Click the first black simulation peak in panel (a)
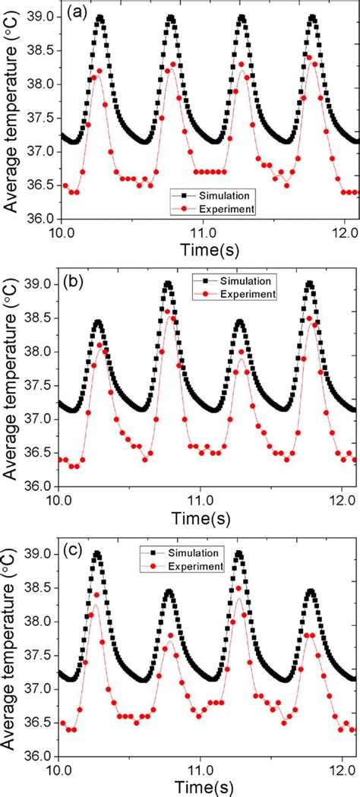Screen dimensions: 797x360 [99, 17]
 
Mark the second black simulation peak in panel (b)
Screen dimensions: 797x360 [168, 284]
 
